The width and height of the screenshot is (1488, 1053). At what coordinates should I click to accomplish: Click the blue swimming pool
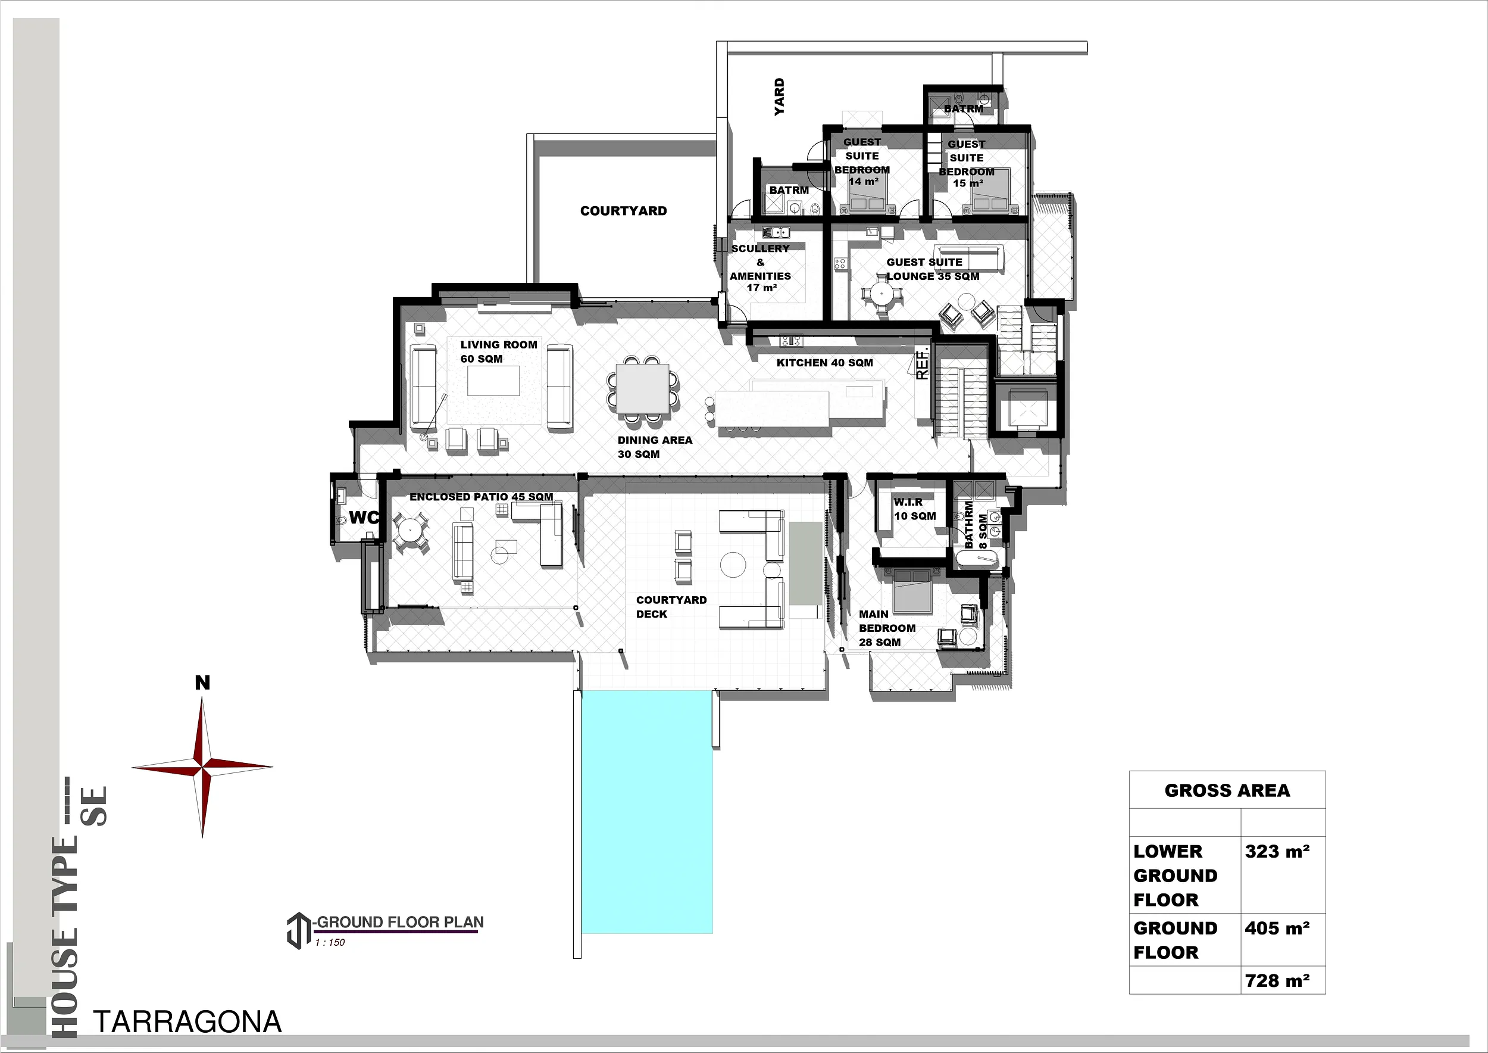coord(647,812)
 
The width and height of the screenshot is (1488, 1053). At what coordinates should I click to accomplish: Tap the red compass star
coord(202,767)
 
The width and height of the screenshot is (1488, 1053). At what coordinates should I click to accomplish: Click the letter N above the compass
coord(202,683)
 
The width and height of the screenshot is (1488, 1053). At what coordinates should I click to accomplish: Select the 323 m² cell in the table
coord(1277,851)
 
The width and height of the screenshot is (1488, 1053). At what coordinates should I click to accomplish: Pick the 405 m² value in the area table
coord(1277,929)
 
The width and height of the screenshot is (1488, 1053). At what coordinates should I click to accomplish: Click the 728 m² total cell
coord(1277,981)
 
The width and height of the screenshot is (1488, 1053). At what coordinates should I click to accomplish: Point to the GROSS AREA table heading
coord(1227,790)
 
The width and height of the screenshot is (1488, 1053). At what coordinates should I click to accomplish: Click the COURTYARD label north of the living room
coord(623,211)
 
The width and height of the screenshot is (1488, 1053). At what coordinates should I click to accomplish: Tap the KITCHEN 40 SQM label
coord(824,363)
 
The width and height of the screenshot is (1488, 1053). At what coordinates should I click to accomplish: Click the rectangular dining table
coord(642,389)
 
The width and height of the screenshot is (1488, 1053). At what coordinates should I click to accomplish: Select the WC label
coord(364,518)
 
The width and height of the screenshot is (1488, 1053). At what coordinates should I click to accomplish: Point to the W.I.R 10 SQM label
coord(914,509)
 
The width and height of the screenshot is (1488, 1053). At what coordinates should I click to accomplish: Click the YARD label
coord(780,96)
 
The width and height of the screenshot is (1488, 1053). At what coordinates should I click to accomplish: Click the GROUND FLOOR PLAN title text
coord(400,922)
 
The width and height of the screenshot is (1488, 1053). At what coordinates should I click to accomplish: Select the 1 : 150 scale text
coord(330,943)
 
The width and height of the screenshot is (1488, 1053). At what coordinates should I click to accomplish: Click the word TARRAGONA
coord(188,1023)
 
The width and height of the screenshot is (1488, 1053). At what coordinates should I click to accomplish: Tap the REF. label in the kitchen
coord(922,364)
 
